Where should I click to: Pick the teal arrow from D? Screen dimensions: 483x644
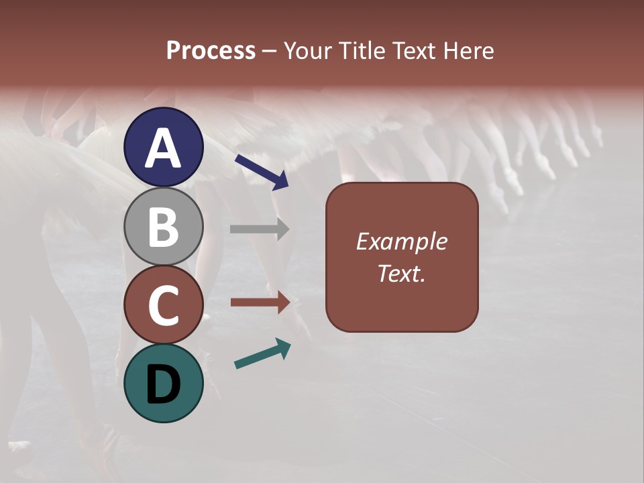coord(262,354)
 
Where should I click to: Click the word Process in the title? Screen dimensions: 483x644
coord(211,51)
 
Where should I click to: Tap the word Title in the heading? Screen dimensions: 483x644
coord(363,51)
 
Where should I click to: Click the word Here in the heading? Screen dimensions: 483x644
coord(469,51)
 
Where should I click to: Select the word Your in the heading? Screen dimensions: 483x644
coord(309,51)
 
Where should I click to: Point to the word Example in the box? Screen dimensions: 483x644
coord(402,241)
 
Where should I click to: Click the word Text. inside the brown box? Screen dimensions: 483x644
coord(402,273)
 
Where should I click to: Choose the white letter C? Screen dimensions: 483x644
coord(163,305)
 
